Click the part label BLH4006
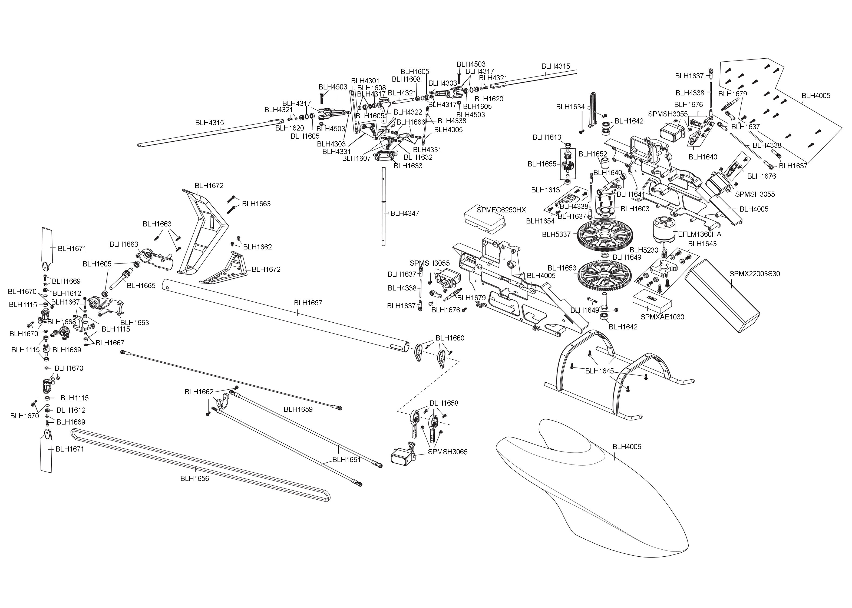pos(627,447)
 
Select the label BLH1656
pos(194,479)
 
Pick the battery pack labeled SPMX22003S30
pos(723,296)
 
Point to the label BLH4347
pos(405,213)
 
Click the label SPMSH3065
pos(448,452)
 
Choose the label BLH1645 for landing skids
pos(599,371)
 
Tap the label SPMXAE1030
pos(662,317)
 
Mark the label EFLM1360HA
pos(699,234)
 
